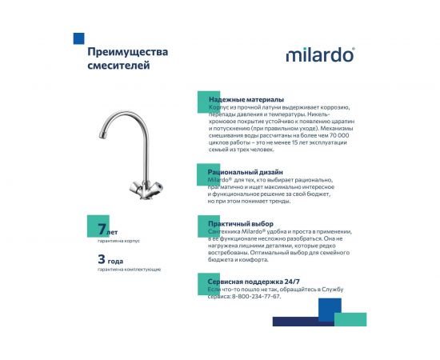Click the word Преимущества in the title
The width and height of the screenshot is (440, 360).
128,52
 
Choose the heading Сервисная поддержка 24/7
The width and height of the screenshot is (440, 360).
254,281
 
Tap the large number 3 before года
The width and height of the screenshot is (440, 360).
101,258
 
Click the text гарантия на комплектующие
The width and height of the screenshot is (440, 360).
129,270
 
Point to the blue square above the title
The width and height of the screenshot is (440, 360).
78,38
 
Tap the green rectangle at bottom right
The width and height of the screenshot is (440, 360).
350,320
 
